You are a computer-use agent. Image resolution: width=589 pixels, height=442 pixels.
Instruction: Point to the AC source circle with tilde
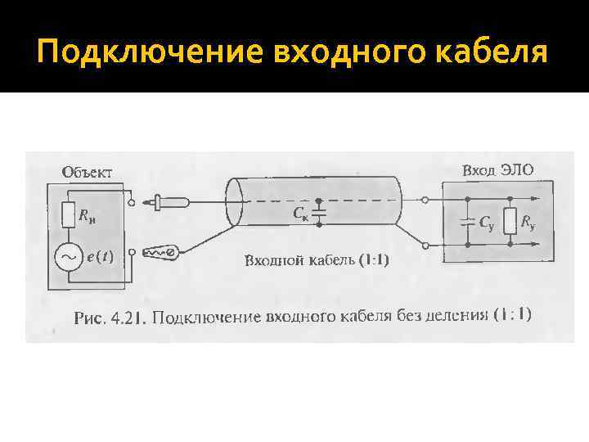tap(67, 257)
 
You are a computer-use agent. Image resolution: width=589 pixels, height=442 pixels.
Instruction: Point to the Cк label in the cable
tap(300, 215)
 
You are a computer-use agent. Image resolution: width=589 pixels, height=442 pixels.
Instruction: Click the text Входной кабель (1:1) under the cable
tap(317, 261)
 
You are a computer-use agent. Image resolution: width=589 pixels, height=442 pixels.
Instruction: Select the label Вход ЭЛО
tap(498, 170)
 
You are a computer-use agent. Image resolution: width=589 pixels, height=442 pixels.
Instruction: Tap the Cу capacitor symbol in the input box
tap(468, 221)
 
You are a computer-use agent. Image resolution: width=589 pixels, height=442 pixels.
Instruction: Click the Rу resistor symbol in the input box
tap(510, 221)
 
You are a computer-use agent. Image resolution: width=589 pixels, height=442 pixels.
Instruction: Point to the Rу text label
tap(528, 222)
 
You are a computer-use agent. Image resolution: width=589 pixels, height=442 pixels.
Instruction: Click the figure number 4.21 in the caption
tap(129, 318)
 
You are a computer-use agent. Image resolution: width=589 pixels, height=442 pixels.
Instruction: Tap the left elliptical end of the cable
tap(232, 201)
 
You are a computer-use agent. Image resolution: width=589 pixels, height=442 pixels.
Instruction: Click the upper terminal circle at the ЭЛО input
tap(425, 199)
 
